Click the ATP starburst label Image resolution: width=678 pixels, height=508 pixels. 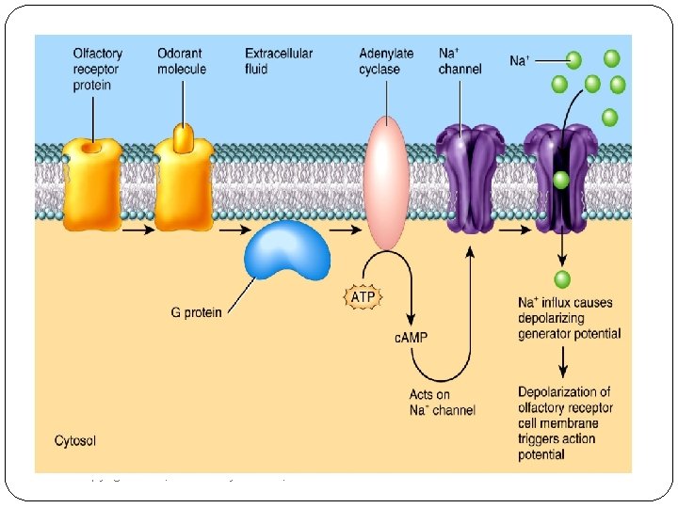tap(363, 297)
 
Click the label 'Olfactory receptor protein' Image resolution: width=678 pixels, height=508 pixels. tap(97, 69)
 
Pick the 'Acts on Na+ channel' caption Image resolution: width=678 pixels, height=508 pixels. tap(442, 402)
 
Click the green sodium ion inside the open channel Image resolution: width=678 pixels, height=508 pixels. tap(561, 180)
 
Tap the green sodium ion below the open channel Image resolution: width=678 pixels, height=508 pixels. tap(562, 278)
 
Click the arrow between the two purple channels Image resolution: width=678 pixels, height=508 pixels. tap(514, 226)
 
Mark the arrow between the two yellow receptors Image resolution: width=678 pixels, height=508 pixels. tap(137, 227)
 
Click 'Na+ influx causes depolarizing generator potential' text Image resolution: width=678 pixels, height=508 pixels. tap(568, 318)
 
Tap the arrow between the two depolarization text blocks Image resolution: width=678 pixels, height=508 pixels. tap(562, 362)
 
